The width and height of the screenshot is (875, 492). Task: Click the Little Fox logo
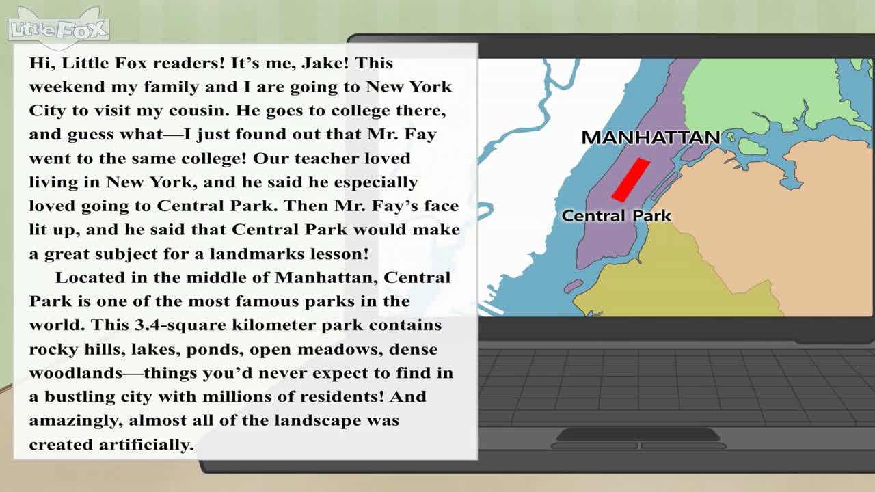coord(59,29)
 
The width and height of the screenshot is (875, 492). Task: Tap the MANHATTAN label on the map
coord(651,137)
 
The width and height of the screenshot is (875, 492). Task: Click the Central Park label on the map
coord(617,215)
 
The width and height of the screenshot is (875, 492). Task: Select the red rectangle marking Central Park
coord(631,180)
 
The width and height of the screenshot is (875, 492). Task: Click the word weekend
coord(67,87)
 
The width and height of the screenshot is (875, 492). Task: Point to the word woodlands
coord(76,373)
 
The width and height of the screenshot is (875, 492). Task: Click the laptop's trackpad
coord(638,435)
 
